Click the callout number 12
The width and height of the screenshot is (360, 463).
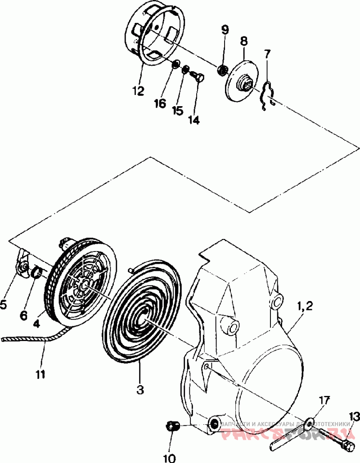(138, 91)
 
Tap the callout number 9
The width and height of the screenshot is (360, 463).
(225, 30)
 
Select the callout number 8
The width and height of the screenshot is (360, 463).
(244, 41)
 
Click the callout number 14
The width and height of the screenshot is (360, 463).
(194, 120)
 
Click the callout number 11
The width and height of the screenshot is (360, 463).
(40, 374)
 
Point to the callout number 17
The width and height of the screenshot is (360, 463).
(324, 400)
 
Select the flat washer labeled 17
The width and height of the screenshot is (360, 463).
(310, 422)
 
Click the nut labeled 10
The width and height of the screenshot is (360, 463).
(173, 425)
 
